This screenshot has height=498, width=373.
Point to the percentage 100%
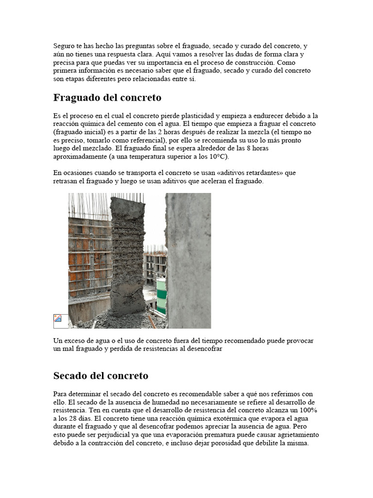point(306,410)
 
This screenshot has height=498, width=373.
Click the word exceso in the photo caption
point(73,341)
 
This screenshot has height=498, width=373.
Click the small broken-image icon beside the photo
point(58,319)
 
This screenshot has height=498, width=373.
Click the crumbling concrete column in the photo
point(127,253)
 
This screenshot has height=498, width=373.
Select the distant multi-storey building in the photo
point(154,265)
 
